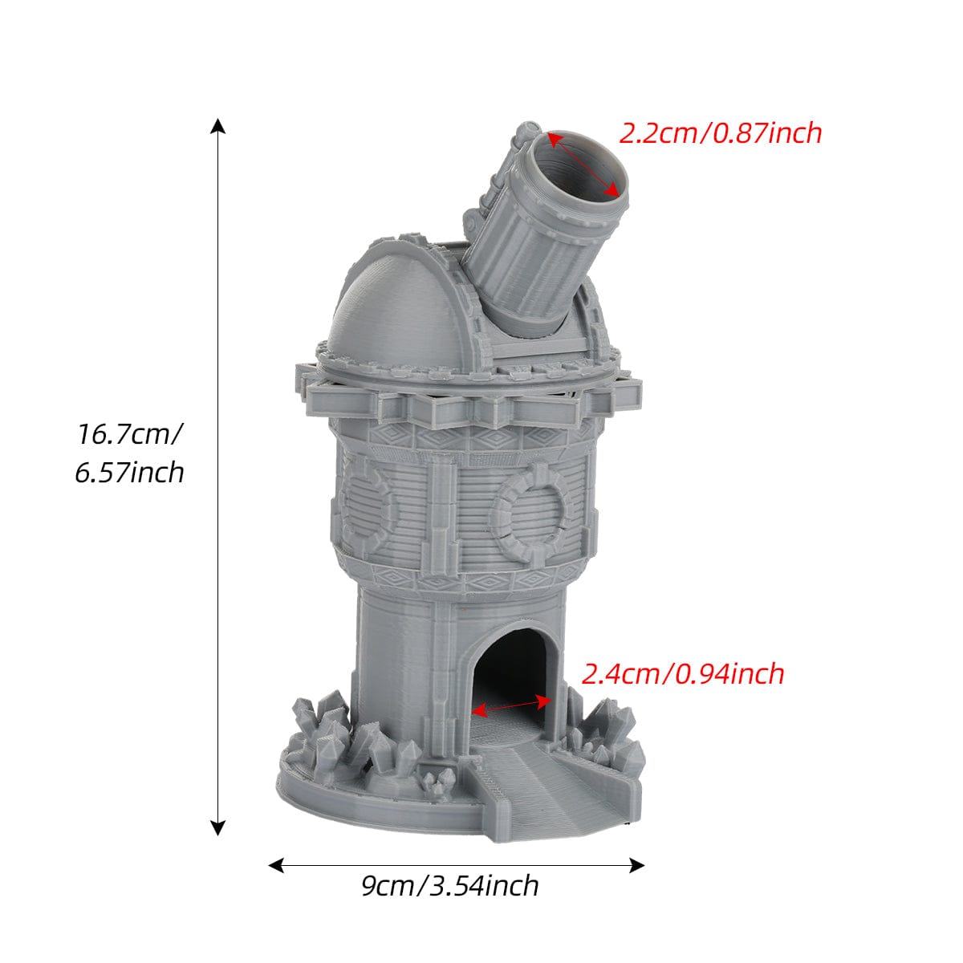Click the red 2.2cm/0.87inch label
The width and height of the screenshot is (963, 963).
(720, 133)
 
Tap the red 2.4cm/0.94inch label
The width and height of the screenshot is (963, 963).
(683, 674)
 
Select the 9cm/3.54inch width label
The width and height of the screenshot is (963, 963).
(450, 886)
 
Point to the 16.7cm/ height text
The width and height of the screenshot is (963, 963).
(129, 433)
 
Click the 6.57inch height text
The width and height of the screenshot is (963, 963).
(129, 472)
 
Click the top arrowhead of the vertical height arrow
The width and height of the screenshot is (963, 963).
(217, 126)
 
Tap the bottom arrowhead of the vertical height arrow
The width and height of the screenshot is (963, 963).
(217, 828)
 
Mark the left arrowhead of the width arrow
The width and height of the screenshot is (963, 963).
(276, 865)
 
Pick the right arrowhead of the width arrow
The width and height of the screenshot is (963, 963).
(636, 865)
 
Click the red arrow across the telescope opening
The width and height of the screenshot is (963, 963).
(583, 164)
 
